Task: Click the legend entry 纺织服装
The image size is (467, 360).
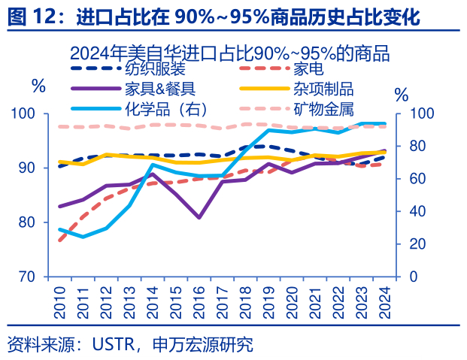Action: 155,70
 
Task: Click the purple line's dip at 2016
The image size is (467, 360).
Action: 199,217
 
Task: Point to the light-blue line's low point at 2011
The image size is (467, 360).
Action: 83,237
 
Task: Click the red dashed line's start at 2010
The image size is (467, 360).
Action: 60,241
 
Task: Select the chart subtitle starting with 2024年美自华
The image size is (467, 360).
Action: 229,53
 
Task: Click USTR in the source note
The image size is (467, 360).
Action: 114,345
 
